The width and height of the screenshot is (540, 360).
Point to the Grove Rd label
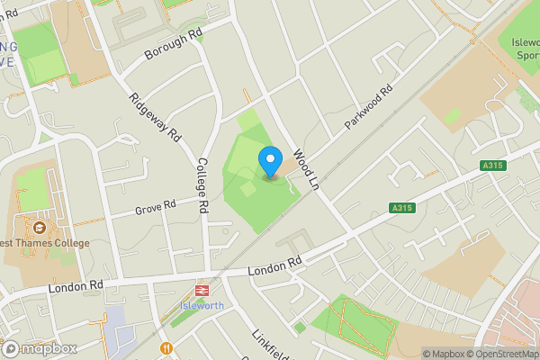[x=155, y=208]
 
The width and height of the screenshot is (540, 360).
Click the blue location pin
[x=270, y=162]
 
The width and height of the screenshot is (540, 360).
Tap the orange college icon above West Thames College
[x=40, y=226]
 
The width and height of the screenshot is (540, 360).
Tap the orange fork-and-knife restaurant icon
[x=166, y=348]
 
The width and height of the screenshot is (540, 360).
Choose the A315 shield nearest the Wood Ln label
[x=402, y=208]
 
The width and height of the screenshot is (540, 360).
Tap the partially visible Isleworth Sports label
[x=525, y=47]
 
